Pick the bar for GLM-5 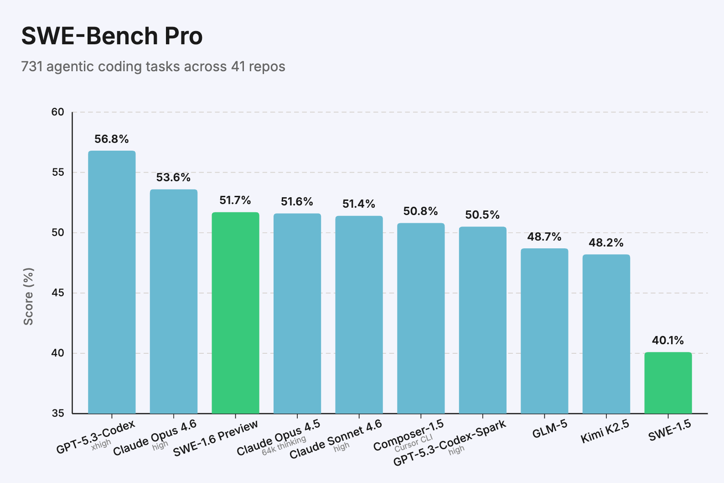(x=544, y=331)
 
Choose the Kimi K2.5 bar (x=606, y=334)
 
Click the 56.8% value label (x=112, y=139)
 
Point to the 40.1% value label (x=668, y=340)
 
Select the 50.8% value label (x=420, y=211)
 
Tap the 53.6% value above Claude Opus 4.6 (x=173, y=177)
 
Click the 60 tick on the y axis (x=58, y=112)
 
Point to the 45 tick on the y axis (x=58, y=293)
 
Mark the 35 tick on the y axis (x=58, y=413)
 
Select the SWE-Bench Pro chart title (x=112, y=36)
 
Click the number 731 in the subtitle (x=31, y=67)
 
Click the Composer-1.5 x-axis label (x=409, y=435)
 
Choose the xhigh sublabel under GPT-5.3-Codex (x=101, y=444)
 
